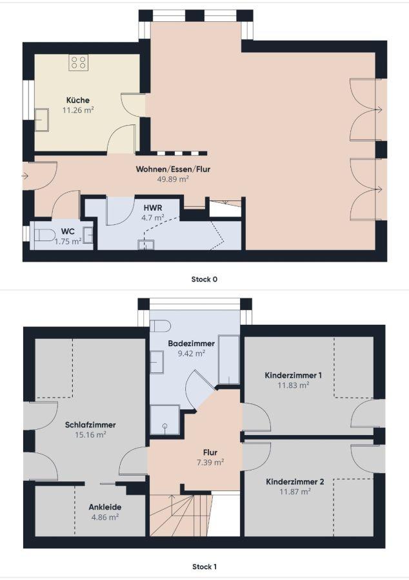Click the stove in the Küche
point(79,63)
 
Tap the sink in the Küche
point(42,119)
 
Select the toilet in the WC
point(44,235)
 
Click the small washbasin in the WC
point(88,235)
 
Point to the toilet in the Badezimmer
point(160,326)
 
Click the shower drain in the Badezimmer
point(165,426)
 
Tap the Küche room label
point(77,101)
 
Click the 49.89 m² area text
point(174,179)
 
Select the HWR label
point(153,208)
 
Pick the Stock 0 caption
point(204,279)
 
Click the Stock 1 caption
point(204,566)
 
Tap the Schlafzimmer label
point(90,425)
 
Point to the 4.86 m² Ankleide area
point(105,517)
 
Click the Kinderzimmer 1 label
point(293,375)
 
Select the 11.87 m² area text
point(295,492)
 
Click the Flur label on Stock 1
point(210,452)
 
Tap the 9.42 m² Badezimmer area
point(192,353)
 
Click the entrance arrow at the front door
point(25,176)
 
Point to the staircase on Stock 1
point(181,515)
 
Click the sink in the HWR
point(146,245)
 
